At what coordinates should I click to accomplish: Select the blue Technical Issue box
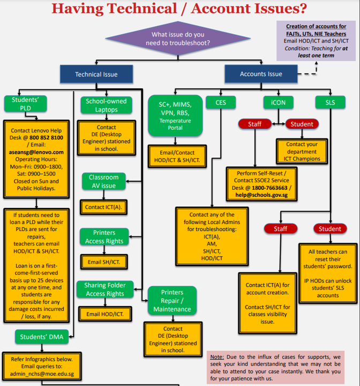[x=96, y=74]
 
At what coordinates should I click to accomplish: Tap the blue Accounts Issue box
[x=261, y=74]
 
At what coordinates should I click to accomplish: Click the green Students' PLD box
[x=26, y=104]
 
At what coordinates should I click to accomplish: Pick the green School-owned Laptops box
[x=106, y=105]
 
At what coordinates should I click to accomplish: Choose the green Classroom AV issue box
[x=103, y=181]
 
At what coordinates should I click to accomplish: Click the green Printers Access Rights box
[x=104, y=237]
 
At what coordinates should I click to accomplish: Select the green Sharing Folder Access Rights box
[x=104, y=289]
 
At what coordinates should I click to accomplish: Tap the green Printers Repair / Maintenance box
[x=172, y=301]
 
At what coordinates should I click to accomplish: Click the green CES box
[x=221, y=102]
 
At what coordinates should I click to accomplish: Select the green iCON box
[x=278, y=102]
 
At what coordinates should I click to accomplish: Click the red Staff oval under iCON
[x=255, y=124]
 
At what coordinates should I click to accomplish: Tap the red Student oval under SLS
[x=330, y=229]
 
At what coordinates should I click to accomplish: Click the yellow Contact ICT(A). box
[x=102, y=207]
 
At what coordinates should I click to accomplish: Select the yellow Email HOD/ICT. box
[x=104, y=314]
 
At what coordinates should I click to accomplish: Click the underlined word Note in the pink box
[x=216, y=357]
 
